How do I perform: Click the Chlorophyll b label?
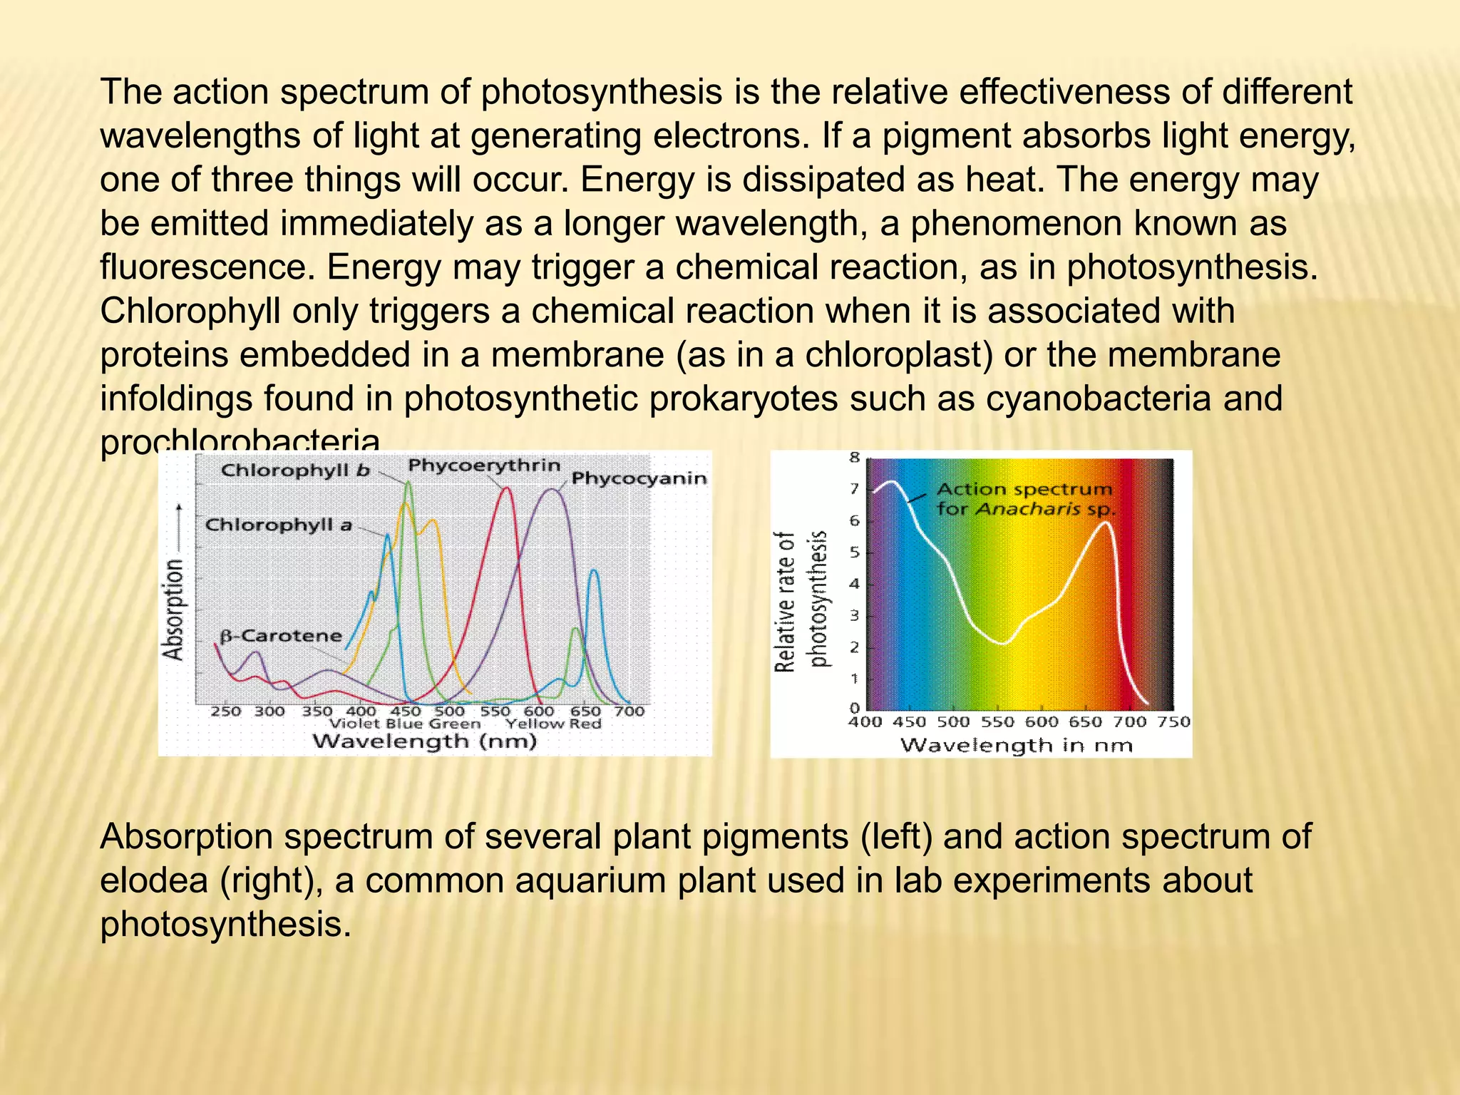click(x=295, y=471)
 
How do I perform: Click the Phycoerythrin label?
click(x=484, y=466)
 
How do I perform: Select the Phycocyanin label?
click(x=639, y=478)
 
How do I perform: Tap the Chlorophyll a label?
click(x=279, y=525)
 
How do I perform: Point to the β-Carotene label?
click(x=281, y=636)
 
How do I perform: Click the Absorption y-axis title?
click(x=173, y=610)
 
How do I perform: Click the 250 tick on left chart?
click(x=225, y=711)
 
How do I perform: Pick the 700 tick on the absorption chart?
click(x=629, y=711)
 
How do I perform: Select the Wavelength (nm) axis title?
click(x=424, y=742)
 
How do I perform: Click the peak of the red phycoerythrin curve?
click(x=506, y=488)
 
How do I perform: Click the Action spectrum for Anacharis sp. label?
click(x=1025, y=499)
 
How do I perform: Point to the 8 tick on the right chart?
click(x=855, y=458)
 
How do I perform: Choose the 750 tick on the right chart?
click(x=1173, y=722)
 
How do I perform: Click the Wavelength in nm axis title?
click(x=1017, y=746)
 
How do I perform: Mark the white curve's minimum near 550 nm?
click(x=1003, y=644)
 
